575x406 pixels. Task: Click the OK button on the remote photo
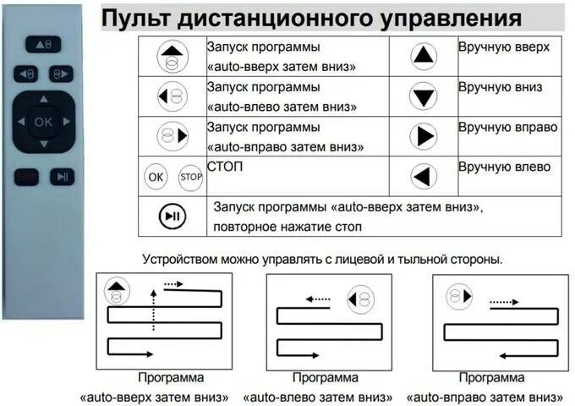point(42,122)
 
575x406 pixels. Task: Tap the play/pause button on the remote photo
point(60,177)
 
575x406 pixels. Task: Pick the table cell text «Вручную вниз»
point(500,87)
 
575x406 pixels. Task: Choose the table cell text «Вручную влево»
point(504,167)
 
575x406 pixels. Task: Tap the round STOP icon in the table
point(189,178)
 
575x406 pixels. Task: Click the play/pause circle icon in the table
point(172,217)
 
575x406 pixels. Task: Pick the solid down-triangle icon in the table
point(423,96)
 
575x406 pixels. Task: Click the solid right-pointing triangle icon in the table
point(423,136)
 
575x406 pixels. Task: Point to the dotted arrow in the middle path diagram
point(319,298)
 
